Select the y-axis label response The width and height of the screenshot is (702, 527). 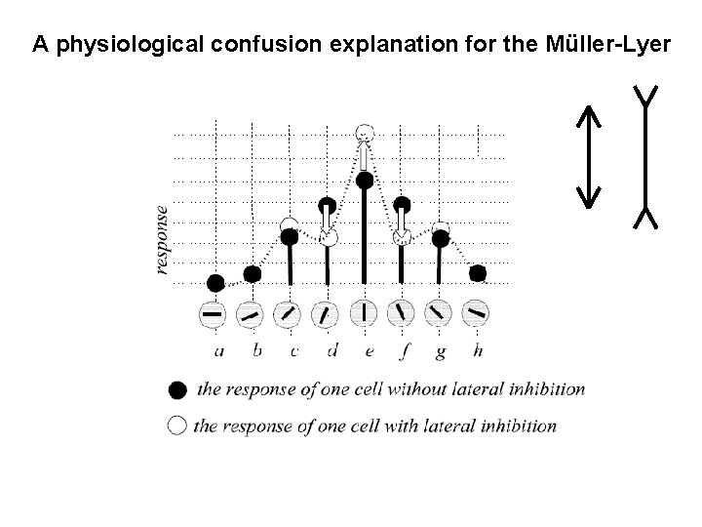[x=162, y=239]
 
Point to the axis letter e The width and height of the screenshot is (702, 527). [x=364, y=350]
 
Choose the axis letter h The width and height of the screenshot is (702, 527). [x=477, y=350]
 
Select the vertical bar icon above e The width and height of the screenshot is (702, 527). [x=364, y=314]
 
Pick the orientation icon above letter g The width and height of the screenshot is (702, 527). [x=440, y=314]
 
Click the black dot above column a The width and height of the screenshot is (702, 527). [x=215, y=283]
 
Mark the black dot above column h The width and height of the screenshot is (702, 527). [x=477, y=273]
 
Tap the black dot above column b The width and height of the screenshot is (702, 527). [x=252, y=274]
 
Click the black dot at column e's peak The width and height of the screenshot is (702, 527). [x=364, y=180]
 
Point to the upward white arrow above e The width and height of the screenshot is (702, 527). [x=363, y=154]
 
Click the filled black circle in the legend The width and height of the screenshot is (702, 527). [x=176, y=390]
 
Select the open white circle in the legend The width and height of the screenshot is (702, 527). [x=176, y=426]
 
